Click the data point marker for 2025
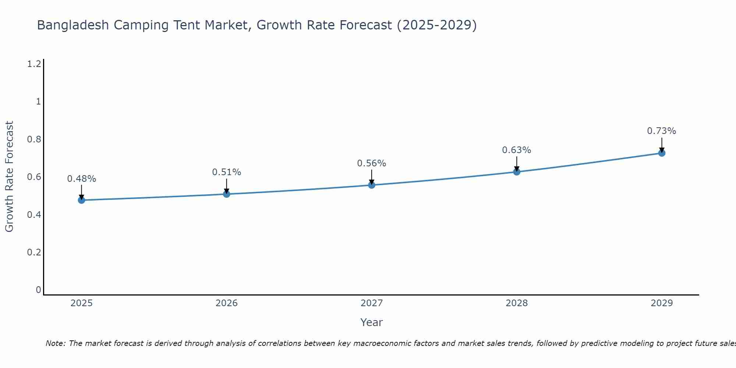(81, 200)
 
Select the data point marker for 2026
(226, 194)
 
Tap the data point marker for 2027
(372, 185)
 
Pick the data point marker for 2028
(517, 172)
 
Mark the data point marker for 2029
(662, 153)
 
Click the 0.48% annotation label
(81, 179)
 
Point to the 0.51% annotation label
(226, 172)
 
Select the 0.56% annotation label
(372, 163)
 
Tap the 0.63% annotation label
(517, 150)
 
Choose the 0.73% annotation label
(662, 131)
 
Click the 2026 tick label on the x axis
(226, 303)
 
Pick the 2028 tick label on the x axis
(517, 303)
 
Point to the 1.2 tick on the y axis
(34, 64)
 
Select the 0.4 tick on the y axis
(34, 215)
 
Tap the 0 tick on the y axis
(38, 290)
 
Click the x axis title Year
(372, 322)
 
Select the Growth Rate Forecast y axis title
(9, 177)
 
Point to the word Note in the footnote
(55, 343)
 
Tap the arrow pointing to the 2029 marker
(662, 145)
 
